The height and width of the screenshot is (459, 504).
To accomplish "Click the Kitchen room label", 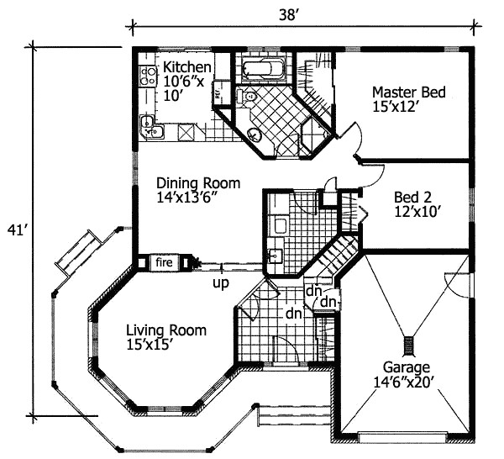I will pos(186,67).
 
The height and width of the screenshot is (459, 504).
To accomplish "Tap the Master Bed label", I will pos(408,92).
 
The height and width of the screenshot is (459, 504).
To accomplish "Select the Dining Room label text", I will pos(198,183).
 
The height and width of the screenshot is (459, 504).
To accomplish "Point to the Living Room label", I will pos(166,330).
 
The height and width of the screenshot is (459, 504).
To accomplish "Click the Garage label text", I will pos(407,367).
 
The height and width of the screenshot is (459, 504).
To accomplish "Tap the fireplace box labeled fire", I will pos(163,263).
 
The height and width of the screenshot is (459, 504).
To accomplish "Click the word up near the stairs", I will pos(221,284).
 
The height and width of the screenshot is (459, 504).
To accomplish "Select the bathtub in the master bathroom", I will pos(263,68).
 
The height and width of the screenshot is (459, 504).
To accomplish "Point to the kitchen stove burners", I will pos(148,76).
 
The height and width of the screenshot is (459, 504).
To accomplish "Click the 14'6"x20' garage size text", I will pos(407,382).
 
